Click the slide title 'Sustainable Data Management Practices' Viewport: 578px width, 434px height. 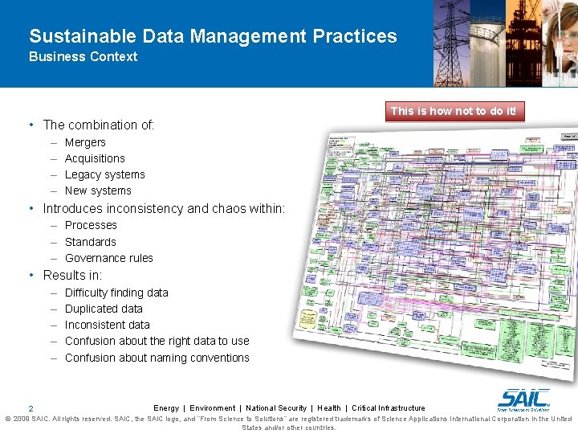[x=213, y=36]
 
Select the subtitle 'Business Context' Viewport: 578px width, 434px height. [x=83, y=56]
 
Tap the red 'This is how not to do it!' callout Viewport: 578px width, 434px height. [x=453, y=111]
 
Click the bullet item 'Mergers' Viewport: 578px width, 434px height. [x=85, y=142]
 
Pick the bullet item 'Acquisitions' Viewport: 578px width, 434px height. [x=95, y=158]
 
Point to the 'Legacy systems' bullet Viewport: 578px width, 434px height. [x=104, y=174]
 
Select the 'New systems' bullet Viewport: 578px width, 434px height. [x=98, y=190]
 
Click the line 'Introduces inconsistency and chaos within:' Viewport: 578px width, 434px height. [x=164, y=208]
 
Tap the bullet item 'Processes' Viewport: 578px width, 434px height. [x=91, y=225]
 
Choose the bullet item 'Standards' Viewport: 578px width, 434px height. [x=90, y=242]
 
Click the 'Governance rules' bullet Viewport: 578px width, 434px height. [x=108, y=258]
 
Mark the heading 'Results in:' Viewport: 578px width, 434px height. [x=72, y=275]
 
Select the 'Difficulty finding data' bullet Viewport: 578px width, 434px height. [x=116, y=293]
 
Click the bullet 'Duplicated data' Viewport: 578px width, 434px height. [x=104, y=309]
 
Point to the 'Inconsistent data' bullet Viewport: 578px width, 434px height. [x=107, y=325]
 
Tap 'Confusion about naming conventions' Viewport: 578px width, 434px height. [x=157, y=358]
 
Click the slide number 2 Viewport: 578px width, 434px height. [x=30, y=409]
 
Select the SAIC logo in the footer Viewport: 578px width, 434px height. [x=523, y=399]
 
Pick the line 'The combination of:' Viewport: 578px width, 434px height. [x=98, y=125]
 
